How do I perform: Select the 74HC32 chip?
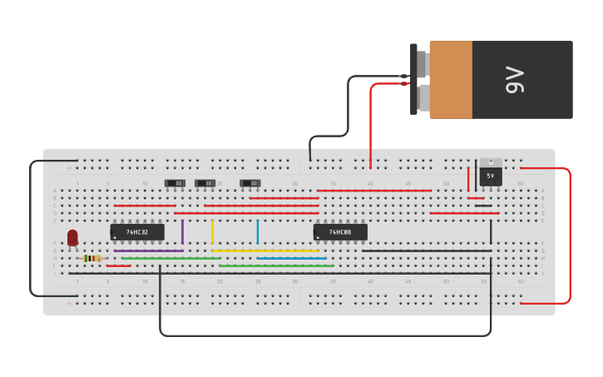(x=137, y=232)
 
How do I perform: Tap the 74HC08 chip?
(x=340, y=232)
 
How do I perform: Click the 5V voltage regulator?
(x=490, y=175)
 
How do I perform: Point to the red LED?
(x=72, y=237)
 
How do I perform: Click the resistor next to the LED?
(x=91, y=259)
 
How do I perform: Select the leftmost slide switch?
(x=175, y=183)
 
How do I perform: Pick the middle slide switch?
(x=205, y=183)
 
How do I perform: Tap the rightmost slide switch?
(x=250, y=183)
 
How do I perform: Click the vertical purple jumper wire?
(x=182, y=231)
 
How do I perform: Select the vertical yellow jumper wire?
(x=212, y=231)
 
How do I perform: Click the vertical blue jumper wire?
(x=258, y=231)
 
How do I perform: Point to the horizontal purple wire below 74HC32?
(x=148, y=251)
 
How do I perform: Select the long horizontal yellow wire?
(x=264, y=251)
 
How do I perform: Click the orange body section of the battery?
(x=451, y=80)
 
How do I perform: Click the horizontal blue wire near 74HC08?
(x=291, y=258)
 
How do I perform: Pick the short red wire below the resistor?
(x=118, y=265)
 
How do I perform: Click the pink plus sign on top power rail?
(x=70, y=168)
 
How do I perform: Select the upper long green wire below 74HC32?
(x=171, y=258)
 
